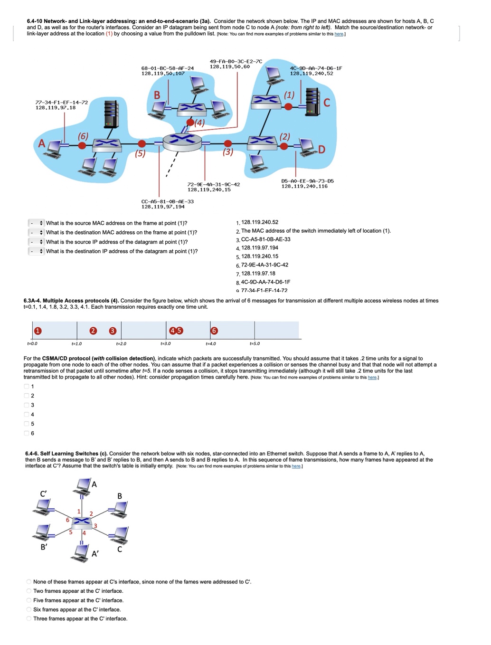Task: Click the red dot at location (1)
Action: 288,106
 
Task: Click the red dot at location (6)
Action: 82,145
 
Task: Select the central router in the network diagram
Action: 182,140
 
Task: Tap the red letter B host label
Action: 157,95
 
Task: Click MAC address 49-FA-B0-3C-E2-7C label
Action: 236,61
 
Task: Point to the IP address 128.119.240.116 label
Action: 304,186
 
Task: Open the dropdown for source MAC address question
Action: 36,223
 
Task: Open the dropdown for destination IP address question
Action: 36,251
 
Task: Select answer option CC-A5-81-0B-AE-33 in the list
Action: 265,239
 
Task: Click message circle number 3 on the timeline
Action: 113,331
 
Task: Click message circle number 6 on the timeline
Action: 214,331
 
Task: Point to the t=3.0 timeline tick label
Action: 165,343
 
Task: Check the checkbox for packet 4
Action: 27,415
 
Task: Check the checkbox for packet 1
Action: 27,386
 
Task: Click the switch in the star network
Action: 83,521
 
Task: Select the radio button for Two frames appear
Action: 29,591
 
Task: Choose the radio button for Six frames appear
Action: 29,609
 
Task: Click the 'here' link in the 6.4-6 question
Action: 296,466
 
